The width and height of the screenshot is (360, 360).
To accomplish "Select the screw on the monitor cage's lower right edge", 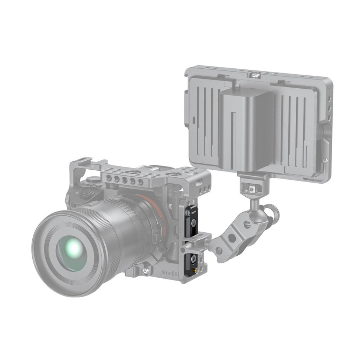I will click(325, 161).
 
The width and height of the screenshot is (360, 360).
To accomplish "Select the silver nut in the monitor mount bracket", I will click(252, 189).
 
